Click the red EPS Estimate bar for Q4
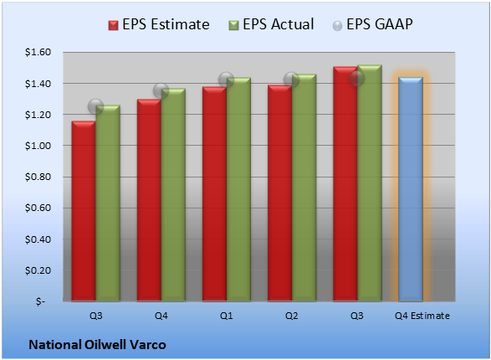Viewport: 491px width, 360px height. point(149,200)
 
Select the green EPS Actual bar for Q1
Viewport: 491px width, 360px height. point(238,189)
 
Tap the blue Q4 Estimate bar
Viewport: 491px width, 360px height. point(411,189)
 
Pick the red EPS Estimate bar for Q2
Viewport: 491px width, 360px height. point(280,193)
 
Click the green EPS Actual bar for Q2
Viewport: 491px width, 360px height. point(304,188)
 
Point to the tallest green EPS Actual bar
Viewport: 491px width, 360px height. point(370,183)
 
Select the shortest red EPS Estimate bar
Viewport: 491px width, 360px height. point(84,211)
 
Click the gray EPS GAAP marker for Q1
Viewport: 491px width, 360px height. point(226,80)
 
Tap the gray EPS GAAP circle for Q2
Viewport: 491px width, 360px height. point(292,80)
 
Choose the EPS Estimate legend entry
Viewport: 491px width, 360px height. point(159,24)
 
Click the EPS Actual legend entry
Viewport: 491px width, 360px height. point(271,24)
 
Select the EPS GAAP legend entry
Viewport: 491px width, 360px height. point(372,24)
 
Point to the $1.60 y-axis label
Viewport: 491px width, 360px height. point(38,52)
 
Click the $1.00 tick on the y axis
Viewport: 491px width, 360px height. point(38,146)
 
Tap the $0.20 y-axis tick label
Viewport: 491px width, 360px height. point(38,270)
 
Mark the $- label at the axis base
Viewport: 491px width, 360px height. point(40,301)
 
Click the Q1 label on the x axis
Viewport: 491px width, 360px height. point(227,316)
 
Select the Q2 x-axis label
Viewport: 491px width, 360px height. point(292,316)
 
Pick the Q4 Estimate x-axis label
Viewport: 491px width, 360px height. point(422,316)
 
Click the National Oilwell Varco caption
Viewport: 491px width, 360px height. point(97,345)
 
